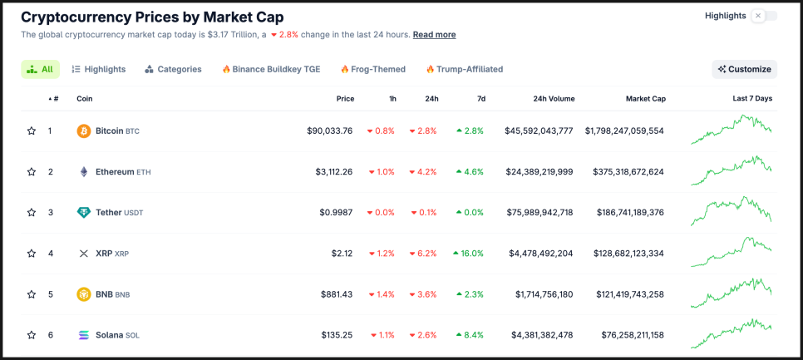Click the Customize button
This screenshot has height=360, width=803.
pyautogui.click(x=744, y=69)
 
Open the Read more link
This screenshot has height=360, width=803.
pyautogui.click(x=434, y=35)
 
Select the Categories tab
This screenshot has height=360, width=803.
pyautogui.click(x=173, y=69)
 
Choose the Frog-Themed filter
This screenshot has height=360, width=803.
pyautogui.click(x=372, y=69)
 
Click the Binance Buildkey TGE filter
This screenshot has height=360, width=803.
pyautogui.click(x=273, y=69)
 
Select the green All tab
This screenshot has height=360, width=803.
pyautogui.click(x=40, y=69)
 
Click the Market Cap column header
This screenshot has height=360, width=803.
pyautogui.click(x=645, y=98)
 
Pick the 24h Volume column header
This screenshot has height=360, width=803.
pyautogui.click(x=554, y=98)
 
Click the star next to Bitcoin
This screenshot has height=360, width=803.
pyautogui.click(x=32, y=131)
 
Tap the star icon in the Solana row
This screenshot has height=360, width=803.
pyautogui.click(x=32, y=335)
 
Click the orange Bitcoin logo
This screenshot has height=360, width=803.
pyautogui.click(x=84, y=131)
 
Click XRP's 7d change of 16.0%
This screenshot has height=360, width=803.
pyautogui.click(x=468, y=253)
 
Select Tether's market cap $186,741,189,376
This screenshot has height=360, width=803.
pyautogui.click(x=630, y=212)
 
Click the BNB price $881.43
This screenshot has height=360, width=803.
pyautogui.click(x=336, y=293)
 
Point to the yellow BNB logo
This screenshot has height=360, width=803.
pyautogui.click(x=84, y=293)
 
